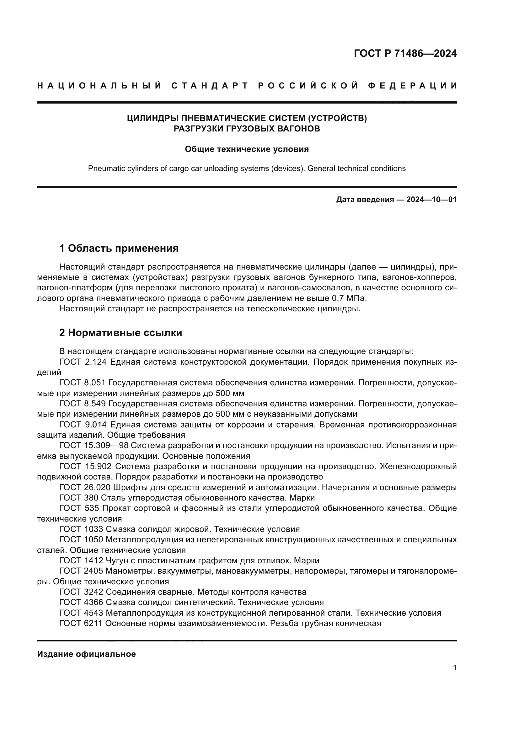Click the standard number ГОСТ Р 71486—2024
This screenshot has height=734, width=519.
405,53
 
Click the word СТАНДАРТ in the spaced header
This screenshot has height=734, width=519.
210,86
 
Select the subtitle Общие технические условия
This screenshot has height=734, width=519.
247,149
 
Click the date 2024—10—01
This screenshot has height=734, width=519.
431,200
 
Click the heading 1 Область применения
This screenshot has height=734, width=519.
119,248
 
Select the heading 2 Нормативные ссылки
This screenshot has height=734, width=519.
120,333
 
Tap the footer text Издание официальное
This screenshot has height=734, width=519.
86,654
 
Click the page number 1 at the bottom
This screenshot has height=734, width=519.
454,668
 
